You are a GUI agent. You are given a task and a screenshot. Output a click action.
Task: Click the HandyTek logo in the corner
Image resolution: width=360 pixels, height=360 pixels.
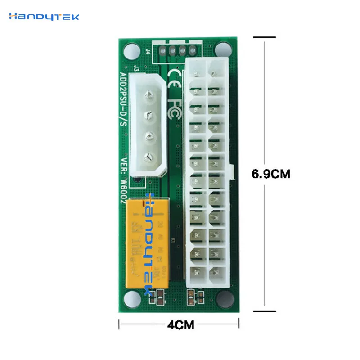point(44,17)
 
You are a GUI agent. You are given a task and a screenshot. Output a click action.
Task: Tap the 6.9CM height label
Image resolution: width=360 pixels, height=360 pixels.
point(271,174)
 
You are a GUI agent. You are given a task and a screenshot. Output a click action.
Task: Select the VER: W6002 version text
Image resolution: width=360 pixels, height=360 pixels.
point(123,180)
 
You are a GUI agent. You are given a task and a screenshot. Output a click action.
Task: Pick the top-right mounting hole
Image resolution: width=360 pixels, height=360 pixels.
point(223,48)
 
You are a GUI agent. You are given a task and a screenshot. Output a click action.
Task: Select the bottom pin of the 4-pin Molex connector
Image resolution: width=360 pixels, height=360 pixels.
point(147,157)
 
